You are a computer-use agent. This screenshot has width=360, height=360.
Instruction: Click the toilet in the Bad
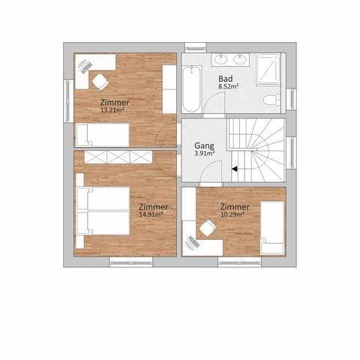coord(272,100)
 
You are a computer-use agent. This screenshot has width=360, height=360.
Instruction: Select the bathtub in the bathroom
coord(192,88)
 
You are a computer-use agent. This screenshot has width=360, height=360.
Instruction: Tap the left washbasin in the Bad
coord(221,59)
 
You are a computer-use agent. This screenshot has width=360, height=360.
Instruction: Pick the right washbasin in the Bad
coord(239,59)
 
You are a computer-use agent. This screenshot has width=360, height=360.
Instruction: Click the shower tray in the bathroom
coord(268,70)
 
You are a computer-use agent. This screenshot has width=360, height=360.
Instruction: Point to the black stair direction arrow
coord(234,169)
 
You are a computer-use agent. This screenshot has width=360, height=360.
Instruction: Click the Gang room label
coord(204,145)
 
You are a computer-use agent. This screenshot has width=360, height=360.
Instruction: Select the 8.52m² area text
coord(228,86)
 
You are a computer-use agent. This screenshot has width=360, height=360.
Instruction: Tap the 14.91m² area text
coord(151,214)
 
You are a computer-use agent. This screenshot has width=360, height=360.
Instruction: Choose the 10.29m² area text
coord(232,214)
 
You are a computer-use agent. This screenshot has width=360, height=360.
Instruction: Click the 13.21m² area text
coord(112,110)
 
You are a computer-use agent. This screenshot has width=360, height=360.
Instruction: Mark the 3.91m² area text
coord(205,154)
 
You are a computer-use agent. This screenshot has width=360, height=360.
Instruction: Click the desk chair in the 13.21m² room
coord(100,82)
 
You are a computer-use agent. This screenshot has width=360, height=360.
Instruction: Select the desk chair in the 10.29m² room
coord(208,228)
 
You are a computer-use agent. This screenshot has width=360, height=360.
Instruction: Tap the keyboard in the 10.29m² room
coord(193,242)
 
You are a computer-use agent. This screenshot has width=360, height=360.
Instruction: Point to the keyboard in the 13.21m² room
coord(85,66)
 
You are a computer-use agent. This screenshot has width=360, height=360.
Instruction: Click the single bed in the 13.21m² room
coord(103,135)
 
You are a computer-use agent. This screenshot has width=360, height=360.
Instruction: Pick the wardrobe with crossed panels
coord(118,157)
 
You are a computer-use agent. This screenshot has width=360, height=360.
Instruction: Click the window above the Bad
coord(195,48)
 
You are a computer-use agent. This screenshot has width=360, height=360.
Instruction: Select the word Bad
coord(226,79)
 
